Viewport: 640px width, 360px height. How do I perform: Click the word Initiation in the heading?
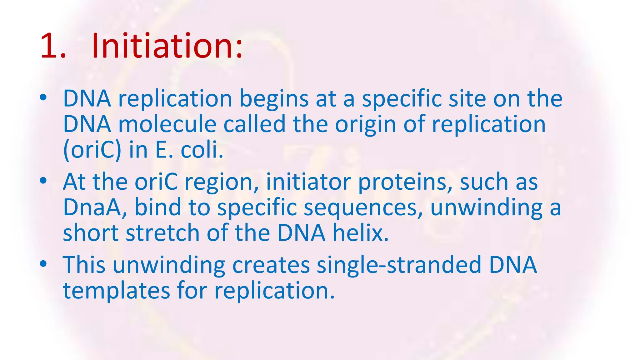(167, 46)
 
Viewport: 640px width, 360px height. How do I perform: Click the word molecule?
(167, 124)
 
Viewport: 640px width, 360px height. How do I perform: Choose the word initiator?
(308, 182)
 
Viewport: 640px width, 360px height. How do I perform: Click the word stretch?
(162, 233)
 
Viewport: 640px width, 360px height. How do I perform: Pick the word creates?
(271, 265)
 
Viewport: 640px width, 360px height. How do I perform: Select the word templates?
(116, 291)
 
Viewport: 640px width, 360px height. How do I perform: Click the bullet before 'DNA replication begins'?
(43, 98)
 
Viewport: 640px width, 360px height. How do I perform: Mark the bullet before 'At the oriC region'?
(43, 181)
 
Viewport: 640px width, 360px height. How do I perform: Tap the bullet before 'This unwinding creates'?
(43, 264)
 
